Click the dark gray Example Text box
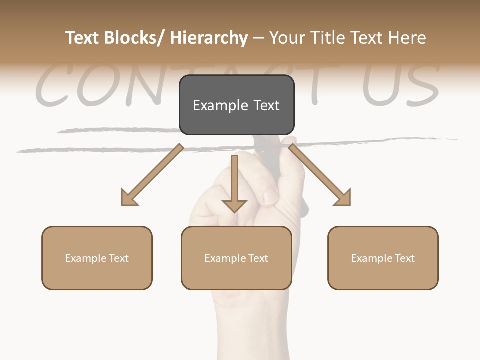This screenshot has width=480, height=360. point(236,105)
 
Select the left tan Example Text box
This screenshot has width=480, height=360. point(97,258)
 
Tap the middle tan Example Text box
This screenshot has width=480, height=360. point(236,258)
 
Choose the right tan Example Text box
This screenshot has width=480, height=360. point(383,258)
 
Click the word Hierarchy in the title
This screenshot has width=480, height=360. point(209,38)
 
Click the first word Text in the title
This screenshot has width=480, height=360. point(82,38)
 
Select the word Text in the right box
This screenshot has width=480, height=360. point(404,258)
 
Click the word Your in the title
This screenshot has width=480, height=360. point(288,38)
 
